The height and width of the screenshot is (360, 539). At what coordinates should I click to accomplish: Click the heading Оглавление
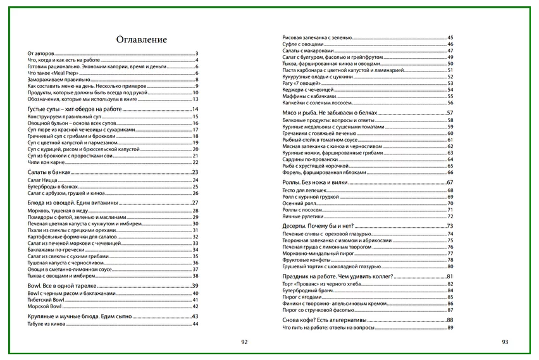pos(142,39)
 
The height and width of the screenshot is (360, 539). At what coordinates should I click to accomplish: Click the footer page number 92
pos(244,342)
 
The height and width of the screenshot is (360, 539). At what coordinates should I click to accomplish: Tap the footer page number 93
pos(505,342)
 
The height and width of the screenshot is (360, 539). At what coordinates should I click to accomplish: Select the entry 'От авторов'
pos(42,53)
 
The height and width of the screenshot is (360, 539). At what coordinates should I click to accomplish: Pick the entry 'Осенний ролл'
pos(299,203)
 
